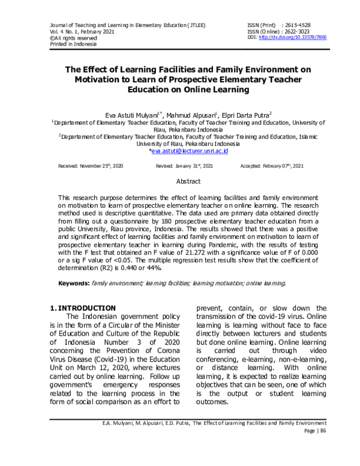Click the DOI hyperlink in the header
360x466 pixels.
pos(301,37)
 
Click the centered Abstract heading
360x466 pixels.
pos(188,180)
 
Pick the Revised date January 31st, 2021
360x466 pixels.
pos(180,165)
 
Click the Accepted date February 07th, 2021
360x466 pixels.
pos(272,165)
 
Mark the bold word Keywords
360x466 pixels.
pos(74,283)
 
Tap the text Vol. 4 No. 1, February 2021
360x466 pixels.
pos(78,31)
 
